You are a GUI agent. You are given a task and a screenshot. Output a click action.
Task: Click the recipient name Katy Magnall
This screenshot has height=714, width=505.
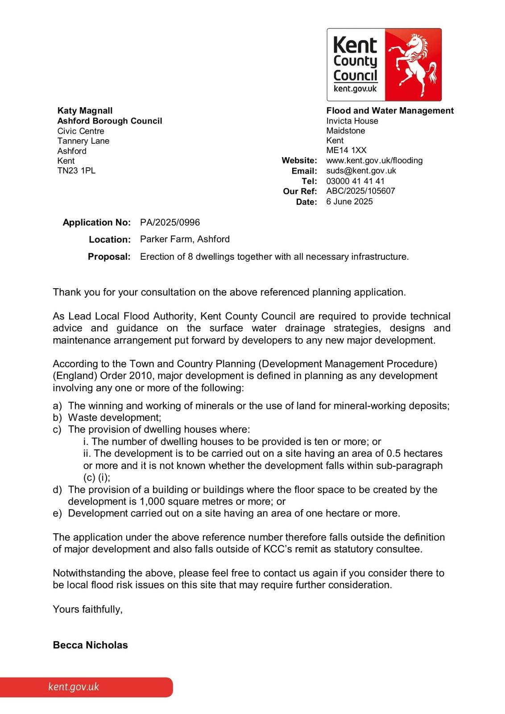tap(85, 111)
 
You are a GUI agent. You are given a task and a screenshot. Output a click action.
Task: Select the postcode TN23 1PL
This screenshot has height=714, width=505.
tap(76, 170)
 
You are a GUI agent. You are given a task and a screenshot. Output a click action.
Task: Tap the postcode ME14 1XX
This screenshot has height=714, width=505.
tap(346, 150)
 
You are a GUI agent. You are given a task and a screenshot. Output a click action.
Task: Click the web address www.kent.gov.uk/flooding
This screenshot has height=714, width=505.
tap(374, 160)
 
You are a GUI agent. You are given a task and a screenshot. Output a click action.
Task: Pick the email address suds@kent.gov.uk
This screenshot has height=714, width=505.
tap(361, 170)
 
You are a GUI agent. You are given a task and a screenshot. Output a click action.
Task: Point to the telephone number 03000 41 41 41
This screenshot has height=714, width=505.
tap(355, 181)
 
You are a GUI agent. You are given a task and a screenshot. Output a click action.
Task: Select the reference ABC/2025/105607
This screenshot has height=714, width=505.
tap(360, 191)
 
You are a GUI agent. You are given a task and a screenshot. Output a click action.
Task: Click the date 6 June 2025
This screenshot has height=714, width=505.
tap(349, 201)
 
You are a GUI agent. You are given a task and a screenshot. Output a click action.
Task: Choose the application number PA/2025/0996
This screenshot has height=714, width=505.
tap(170, 222)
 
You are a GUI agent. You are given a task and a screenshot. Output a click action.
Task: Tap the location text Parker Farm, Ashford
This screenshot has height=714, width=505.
tap(185, 239)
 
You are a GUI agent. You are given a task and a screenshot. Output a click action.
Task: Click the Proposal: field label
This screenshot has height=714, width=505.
tap(109, 257)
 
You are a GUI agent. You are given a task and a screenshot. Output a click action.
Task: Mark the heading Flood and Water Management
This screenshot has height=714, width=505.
tap(390, 111)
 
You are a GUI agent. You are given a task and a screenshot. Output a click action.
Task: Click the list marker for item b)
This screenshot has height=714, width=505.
tap(57, 418)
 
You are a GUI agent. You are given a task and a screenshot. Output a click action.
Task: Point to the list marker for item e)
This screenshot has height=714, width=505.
tap(57, 513)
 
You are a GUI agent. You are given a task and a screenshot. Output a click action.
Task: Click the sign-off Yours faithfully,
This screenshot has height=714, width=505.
tap(88, 609)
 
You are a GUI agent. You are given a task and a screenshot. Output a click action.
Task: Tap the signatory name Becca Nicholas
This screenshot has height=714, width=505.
tap(90, 645)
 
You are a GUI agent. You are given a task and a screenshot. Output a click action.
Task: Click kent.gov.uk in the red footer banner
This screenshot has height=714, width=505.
tap(74, 687)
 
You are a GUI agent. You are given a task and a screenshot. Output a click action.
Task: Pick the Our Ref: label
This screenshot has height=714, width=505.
tap(300, 191)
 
